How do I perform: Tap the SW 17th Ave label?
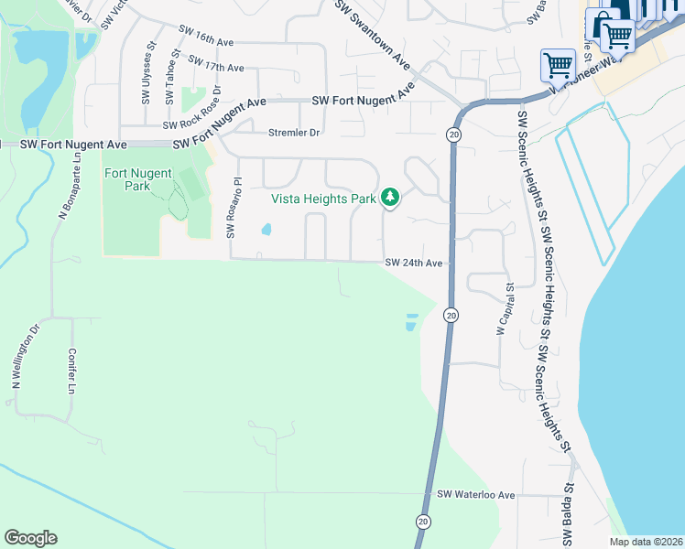click(x=215, y=65)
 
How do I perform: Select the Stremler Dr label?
click(x=294, y=133)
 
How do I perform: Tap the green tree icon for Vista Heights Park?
click(x=390, y=197)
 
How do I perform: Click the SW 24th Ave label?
click(x=414, y=264)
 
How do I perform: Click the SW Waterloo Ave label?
click(x=476, y=495)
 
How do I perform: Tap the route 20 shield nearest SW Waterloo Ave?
click(x=422, y=521)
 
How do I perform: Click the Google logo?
click(x=30, y=538)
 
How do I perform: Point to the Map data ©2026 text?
click(x=645, y=542)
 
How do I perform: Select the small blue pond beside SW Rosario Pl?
click(x=265, y=229)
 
